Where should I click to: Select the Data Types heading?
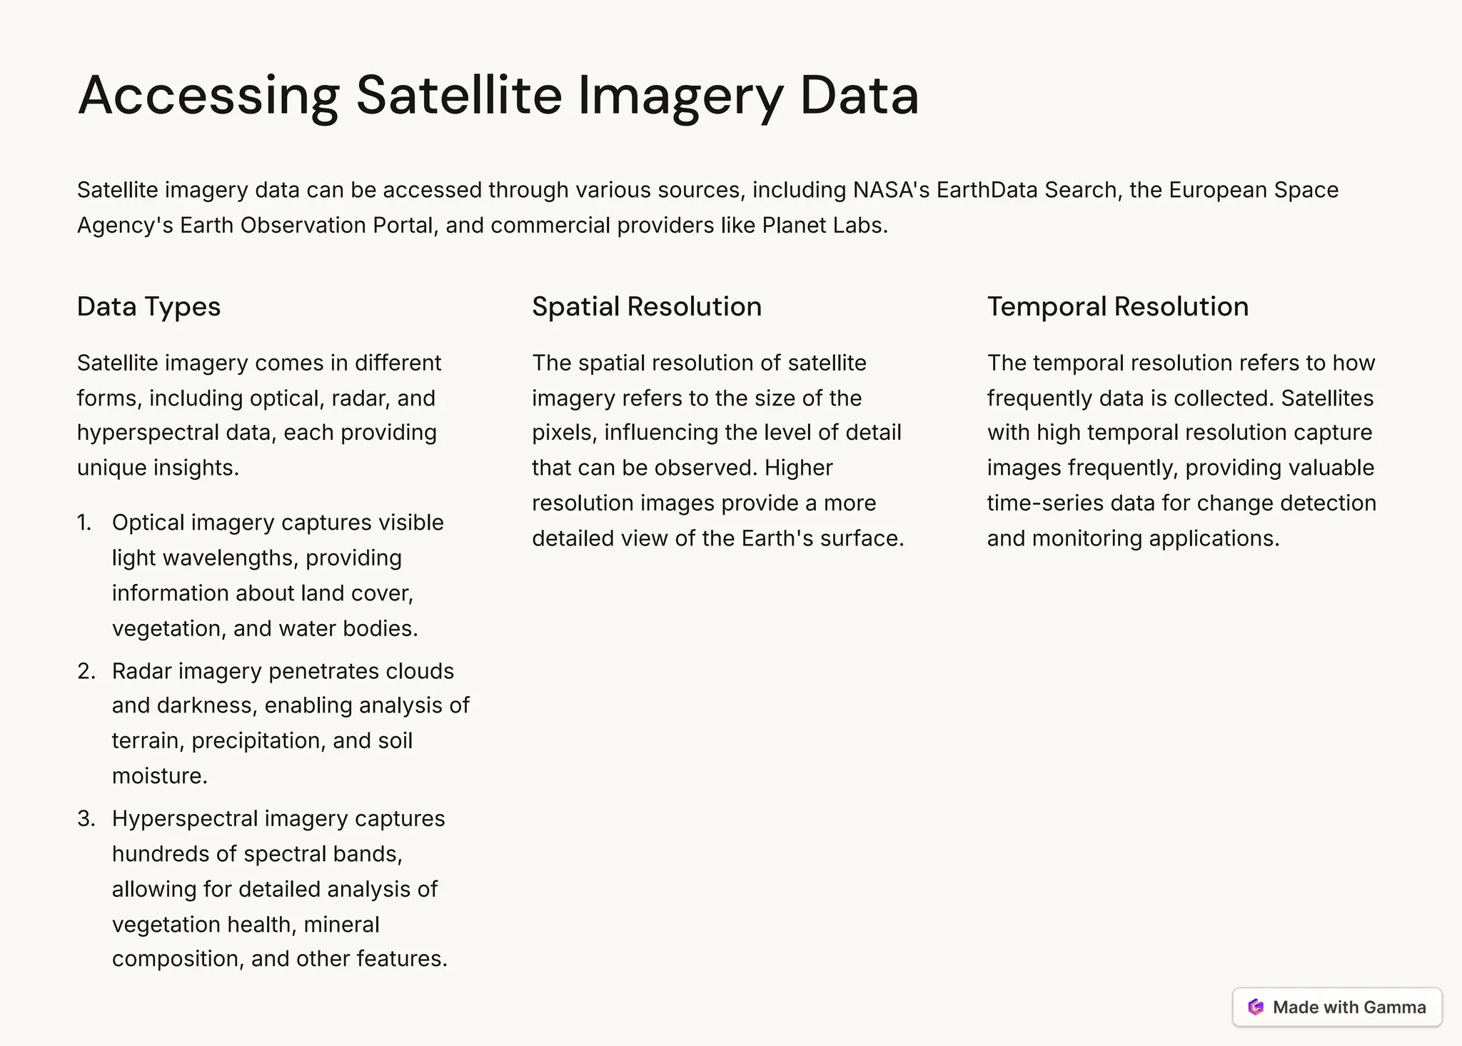(x=148, y=306)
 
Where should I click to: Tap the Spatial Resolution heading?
(x=647, y=306)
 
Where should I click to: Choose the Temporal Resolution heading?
(x=1118, y=306)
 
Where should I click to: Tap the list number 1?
(x=84, y=523)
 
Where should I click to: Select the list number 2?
(x=86, y=671)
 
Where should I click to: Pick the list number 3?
(x=86, y=818)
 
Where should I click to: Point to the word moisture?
(x=159, y=776)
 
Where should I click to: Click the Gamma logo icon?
(x=1256, y=1007)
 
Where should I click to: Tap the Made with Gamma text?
(x=1348, y=1007)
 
